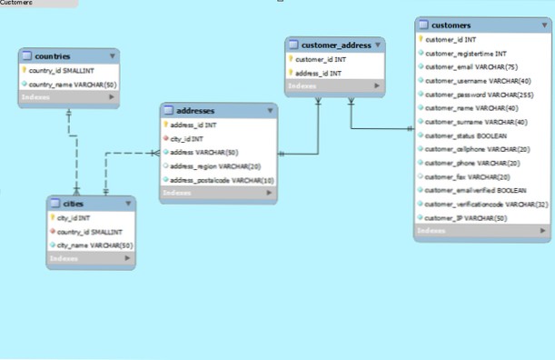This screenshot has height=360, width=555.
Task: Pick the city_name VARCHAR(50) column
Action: click(x=94, y=245)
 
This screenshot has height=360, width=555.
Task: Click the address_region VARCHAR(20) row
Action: click(x=215, y=166)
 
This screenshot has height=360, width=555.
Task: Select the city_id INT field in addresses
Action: click(x=187, y=138)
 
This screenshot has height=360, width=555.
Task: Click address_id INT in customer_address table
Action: click(x=319, y=73)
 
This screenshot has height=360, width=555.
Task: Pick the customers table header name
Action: click(x=451, y=25)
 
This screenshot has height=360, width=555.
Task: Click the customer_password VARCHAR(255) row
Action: click(x=476, y=94)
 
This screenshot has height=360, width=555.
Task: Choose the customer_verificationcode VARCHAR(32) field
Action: click(x=486, y=204)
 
